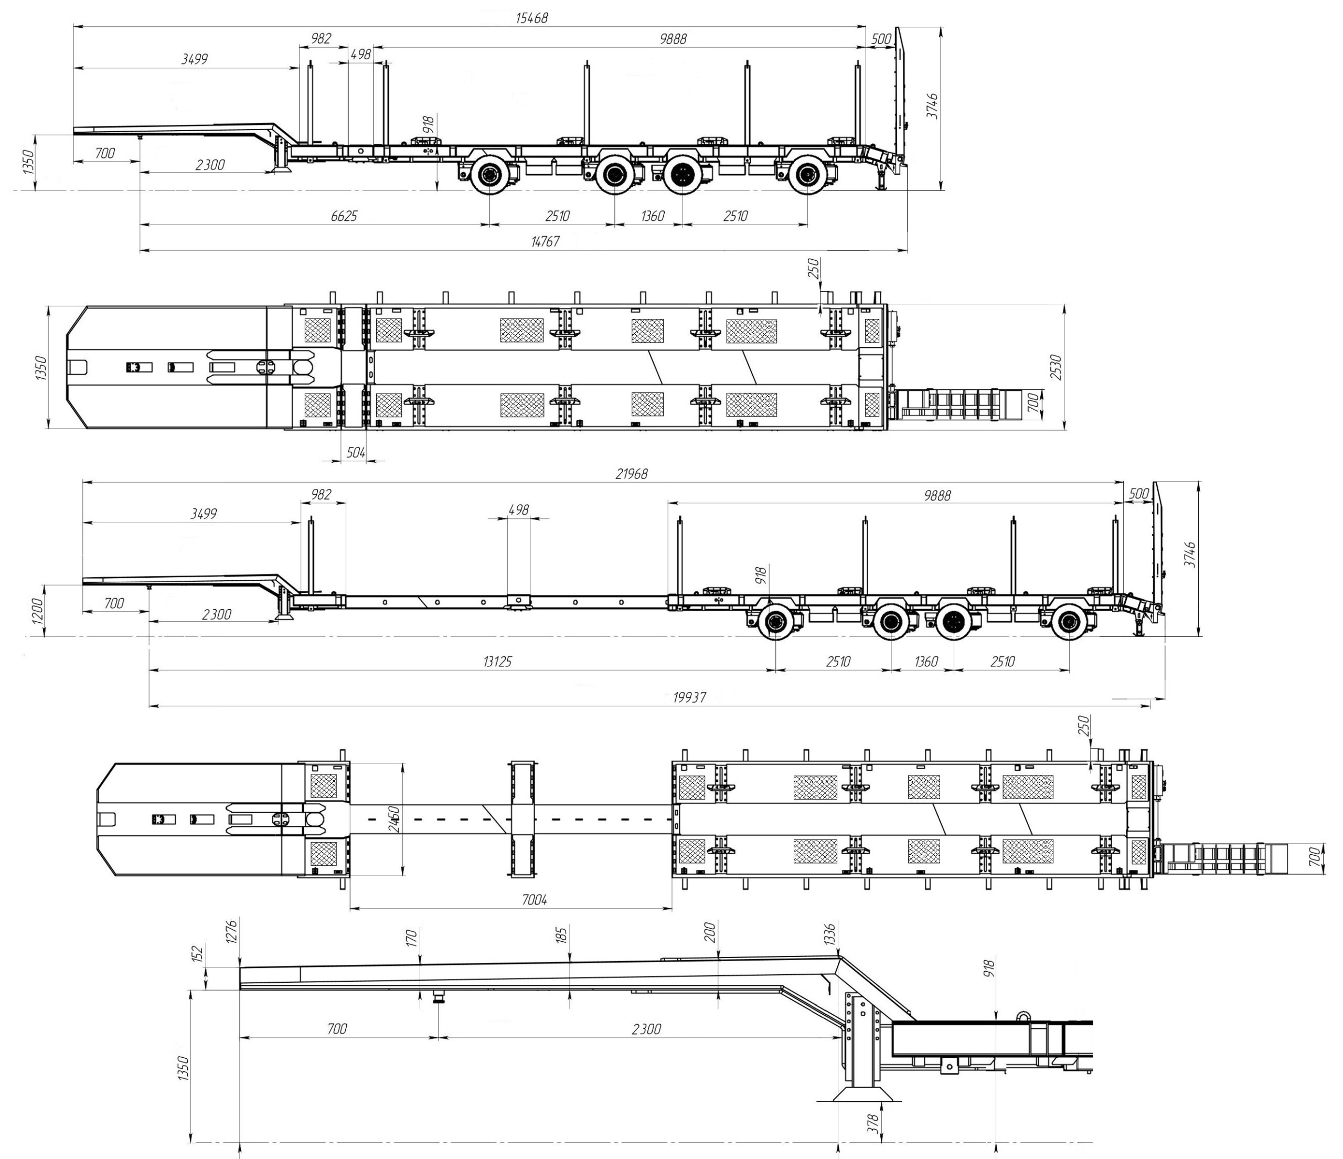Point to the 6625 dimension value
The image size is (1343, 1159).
(344, 216)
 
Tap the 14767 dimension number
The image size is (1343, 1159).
(545, 241)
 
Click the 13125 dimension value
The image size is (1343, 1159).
(498, 662)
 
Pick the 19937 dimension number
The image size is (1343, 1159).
(690, 697)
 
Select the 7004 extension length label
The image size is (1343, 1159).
(535, 900)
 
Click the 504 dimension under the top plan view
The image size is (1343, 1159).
(356, 452)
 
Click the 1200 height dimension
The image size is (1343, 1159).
(37, 611)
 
